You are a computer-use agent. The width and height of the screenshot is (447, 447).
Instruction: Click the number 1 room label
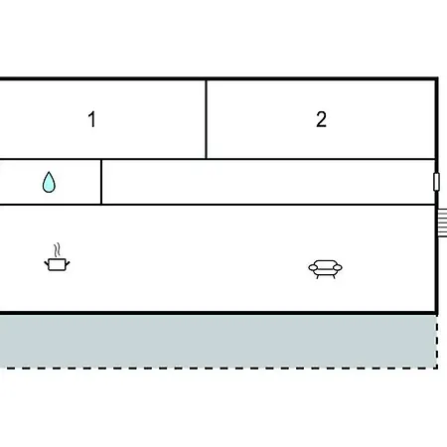click(92, 119)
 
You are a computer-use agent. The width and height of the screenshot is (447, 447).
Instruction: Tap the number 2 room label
click(321, 119)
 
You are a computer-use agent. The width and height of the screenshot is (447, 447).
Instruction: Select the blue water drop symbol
click(49, 182)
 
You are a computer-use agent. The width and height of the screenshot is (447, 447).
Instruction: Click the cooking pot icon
click(57, 264)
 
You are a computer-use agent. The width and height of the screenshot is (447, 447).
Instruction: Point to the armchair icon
click(325, 269)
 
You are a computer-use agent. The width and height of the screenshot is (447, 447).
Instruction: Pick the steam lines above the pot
click(58, 250)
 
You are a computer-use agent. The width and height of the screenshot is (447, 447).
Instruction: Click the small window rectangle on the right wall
click(436, 182)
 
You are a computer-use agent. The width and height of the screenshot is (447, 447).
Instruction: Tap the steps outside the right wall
click(442, 223)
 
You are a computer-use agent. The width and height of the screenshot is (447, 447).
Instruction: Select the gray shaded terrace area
click(218, 341)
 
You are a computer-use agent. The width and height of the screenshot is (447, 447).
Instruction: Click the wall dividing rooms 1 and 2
click(206, 119)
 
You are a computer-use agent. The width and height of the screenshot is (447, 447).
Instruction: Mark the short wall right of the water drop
click(101, 182)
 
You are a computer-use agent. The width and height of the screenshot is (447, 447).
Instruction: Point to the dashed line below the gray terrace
click(219, 368)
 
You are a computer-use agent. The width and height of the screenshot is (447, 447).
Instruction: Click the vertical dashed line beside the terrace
click(437, 341)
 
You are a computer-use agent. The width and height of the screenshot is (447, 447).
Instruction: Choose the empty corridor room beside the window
click(268, 182)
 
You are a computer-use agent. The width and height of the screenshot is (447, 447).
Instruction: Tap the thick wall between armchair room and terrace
click(218, 313)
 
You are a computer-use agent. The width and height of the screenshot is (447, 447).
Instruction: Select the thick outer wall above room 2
click(321, 78)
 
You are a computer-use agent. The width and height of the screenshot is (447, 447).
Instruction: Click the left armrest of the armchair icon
click(313, 267)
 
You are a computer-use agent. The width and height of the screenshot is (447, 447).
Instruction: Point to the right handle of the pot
click(68, 263)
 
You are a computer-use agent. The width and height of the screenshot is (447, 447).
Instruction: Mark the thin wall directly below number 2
click(321, 159)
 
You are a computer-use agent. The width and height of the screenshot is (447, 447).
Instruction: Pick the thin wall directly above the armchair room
click(218, 205)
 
